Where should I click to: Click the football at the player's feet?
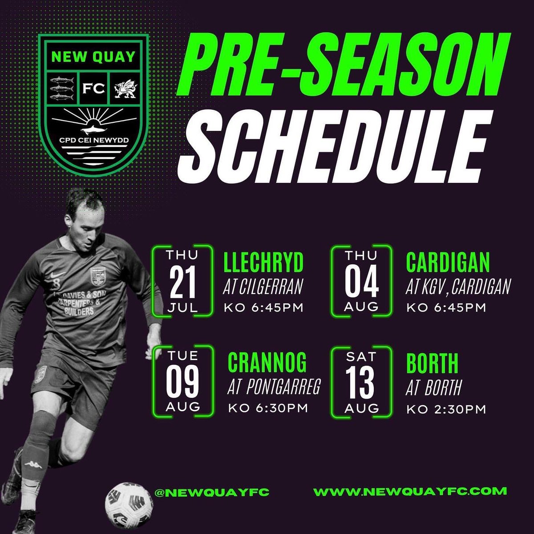[x=129, y=506]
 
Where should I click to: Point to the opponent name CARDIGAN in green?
[x=448, y=263]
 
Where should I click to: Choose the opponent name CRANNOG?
[x=267, y=363]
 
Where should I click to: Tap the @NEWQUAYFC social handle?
[x=211, y=493]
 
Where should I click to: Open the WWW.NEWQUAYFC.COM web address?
[x=410, y=492]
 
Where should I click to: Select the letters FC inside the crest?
[x=93, y=88]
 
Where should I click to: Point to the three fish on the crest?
[x=63, y=88]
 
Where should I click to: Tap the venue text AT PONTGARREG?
[x=273, y=388]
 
